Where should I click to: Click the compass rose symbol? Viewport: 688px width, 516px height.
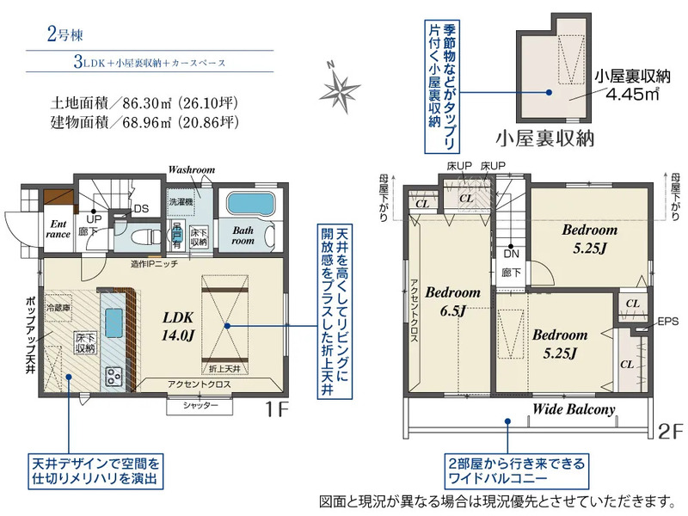[341, 86]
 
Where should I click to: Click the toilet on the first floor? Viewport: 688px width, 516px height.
[146, 236]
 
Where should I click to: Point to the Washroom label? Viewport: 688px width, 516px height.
[191, 170]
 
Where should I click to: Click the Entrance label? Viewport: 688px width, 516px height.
[56, 228]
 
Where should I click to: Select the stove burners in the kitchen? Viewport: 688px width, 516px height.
[114, 375]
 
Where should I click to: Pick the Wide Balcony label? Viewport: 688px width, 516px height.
[574, 409]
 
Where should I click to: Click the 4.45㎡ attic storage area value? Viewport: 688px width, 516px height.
[632, 94]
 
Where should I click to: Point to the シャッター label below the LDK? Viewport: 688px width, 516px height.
[200, 405]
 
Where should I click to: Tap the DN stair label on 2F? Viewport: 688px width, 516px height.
[511, 255]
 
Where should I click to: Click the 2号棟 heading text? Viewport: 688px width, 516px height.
[64, 36]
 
